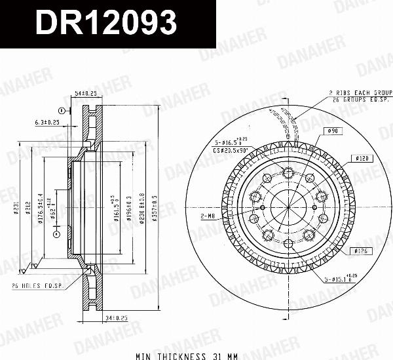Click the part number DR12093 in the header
(105, 24)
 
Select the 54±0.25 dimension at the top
(86, 94)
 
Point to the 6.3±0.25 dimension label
(47, 122)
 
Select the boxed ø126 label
(361, 250)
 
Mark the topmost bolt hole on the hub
(288, 172)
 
